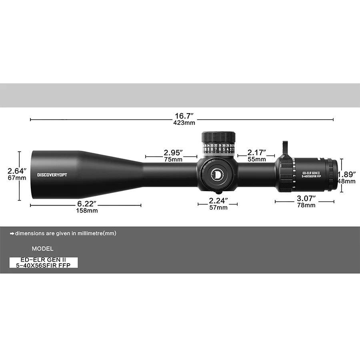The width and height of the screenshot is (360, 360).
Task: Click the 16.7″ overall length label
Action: (181, 116)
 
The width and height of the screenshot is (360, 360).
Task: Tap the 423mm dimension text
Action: (181, 123)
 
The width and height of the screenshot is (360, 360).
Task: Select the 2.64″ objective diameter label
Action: (17, 171)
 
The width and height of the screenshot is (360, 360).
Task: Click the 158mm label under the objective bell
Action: (86, 210)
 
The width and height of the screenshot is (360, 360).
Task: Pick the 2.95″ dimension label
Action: (173, 152)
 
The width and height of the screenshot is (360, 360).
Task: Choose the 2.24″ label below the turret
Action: (218, 200)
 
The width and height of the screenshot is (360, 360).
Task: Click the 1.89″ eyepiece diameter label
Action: (347, 174)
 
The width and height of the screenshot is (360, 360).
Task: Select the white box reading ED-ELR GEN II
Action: (43, 262)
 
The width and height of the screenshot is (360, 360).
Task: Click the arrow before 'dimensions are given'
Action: (12, 233)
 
